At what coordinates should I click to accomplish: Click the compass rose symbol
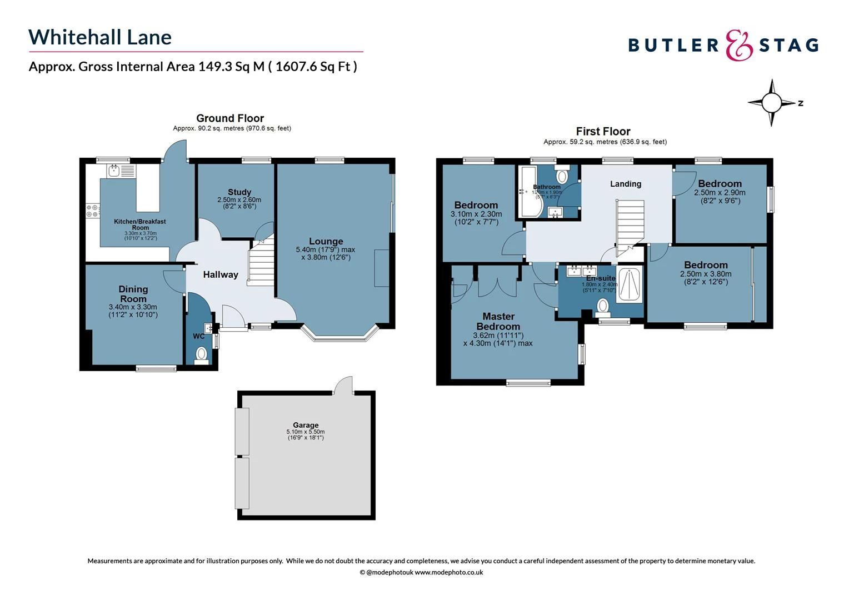click(x=771, y=103)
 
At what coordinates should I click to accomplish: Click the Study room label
click(x=239, y=192)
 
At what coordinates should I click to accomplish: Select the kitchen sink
click(x=115, y=171)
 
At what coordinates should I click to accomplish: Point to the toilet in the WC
click(x=201, y=353)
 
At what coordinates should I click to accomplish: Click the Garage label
click(x=306, y=425)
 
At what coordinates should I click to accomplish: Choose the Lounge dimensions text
click(x=326, y=253)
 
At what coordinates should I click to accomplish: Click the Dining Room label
click(x=133, y=293)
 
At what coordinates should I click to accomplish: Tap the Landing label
click(x=626, y=184)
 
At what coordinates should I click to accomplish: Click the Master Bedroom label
click(x=498, y=321)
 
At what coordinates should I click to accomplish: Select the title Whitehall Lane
click(x=100, y=37)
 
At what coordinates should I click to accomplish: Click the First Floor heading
click(x=603, y=132)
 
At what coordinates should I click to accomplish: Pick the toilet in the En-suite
click(x=602, y=306)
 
